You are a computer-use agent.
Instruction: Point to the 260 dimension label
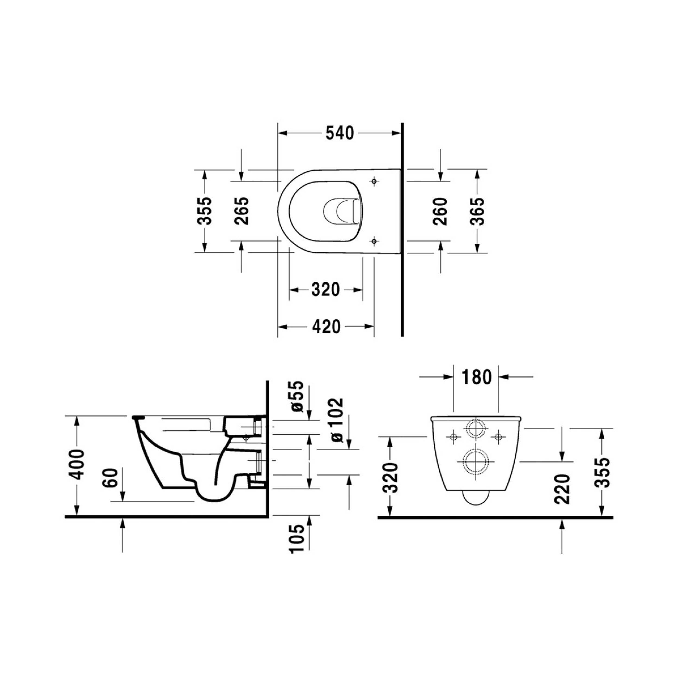pyautogui.click(x=440, y=211)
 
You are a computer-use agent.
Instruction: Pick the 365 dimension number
pyautogui.click(x=477, y=211)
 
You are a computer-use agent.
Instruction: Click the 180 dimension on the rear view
pyautogui.click(x=476, y=377)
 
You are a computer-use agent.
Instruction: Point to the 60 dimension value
pyautogui.click(x=109, y=478)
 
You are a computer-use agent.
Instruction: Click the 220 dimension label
pyautogui.click(x=562, y=489)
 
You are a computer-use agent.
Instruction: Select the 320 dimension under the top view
pyautogui.click(x=325, y=290)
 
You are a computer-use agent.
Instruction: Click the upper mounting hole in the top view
pyautogui.click(x=374, y=181)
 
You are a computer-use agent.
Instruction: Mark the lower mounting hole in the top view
pyautogui.click(x=374, y=241)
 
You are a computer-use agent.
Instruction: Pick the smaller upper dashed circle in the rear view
pyautogui.click(x=475, y=428)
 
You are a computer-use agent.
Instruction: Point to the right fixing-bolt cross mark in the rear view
pyautogui.click(x=498, y=437)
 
